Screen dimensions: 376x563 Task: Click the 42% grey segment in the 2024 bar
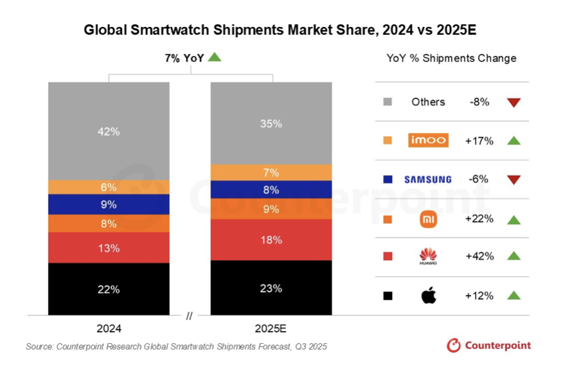point(109,131)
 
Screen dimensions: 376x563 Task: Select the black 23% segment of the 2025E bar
point(271,288)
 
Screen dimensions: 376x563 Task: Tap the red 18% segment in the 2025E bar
point(271,240)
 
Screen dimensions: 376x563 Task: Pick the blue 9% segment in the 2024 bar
point(109,204)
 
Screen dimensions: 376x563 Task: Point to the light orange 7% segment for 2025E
point(271,173)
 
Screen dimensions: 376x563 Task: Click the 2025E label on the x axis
point(271,328)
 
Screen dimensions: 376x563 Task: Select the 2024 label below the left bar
point(109,328)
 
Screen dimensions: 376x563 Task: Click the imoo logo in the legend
point(428,140)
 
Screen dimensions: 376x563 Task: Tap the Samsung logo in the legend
point(428,180)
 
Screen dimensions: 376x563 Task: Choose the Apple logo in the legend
point(429,296)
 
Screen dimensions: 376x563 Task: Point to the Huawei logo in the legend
point(428,257)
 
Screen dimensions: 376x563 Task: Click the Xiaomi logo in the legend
point(428,219)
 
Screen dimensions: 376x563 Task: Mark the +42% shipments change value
point(479,256)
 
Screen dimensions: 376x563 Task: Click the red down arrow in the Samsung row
point(513,180)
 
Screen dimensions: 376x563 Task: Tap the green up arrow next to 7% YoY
point(215,57)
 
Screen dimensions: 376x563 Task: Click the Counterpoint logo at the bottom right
point(489,346)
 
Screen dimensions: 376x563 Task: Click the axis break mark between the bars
point(189,315)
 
